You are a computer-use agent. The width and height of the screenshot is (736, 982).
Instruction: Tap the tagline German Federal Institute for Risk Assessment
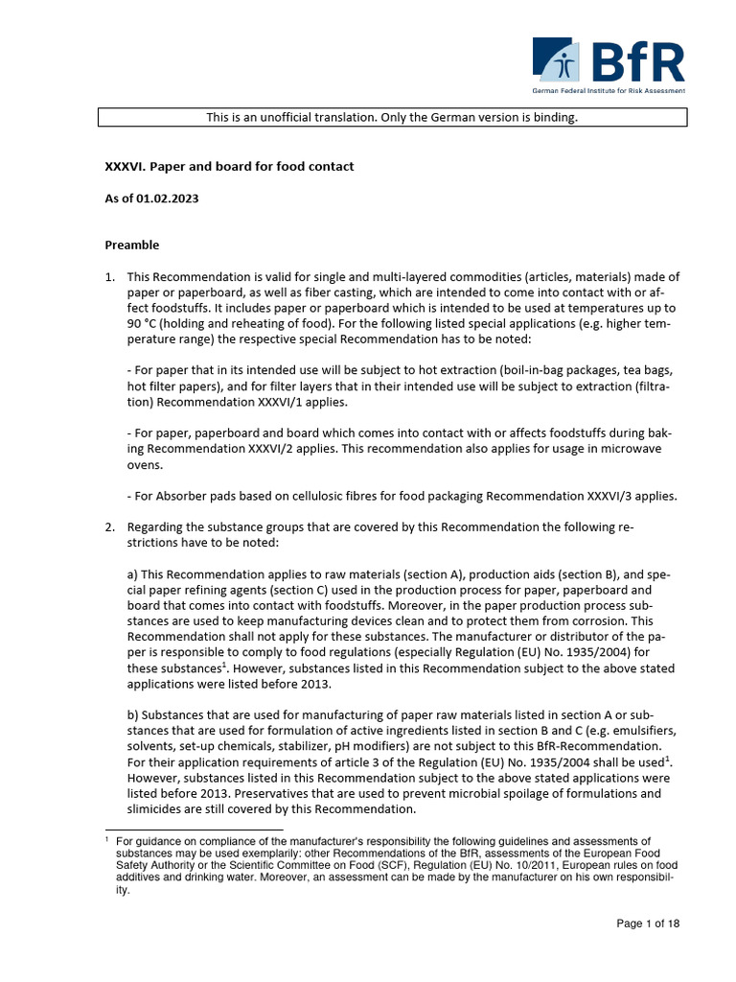[x=609, y=91]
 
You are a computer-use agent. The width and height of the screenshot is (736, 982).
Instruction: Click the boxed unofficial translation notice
[x=393, y=118]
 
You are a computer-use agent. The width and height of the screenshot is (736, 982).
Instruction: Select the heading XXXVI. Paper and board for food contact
[x=229, y=167]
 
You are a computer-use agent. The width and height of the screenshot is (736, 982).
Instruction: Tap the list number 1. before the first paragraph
[x=109, y=277]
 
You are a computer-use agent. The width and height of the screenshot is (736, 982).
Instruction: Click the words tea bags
[x=652, y=370]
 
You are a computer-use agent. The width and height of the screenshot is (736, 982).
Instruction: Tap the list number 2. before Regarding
[x=109, y=527]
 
